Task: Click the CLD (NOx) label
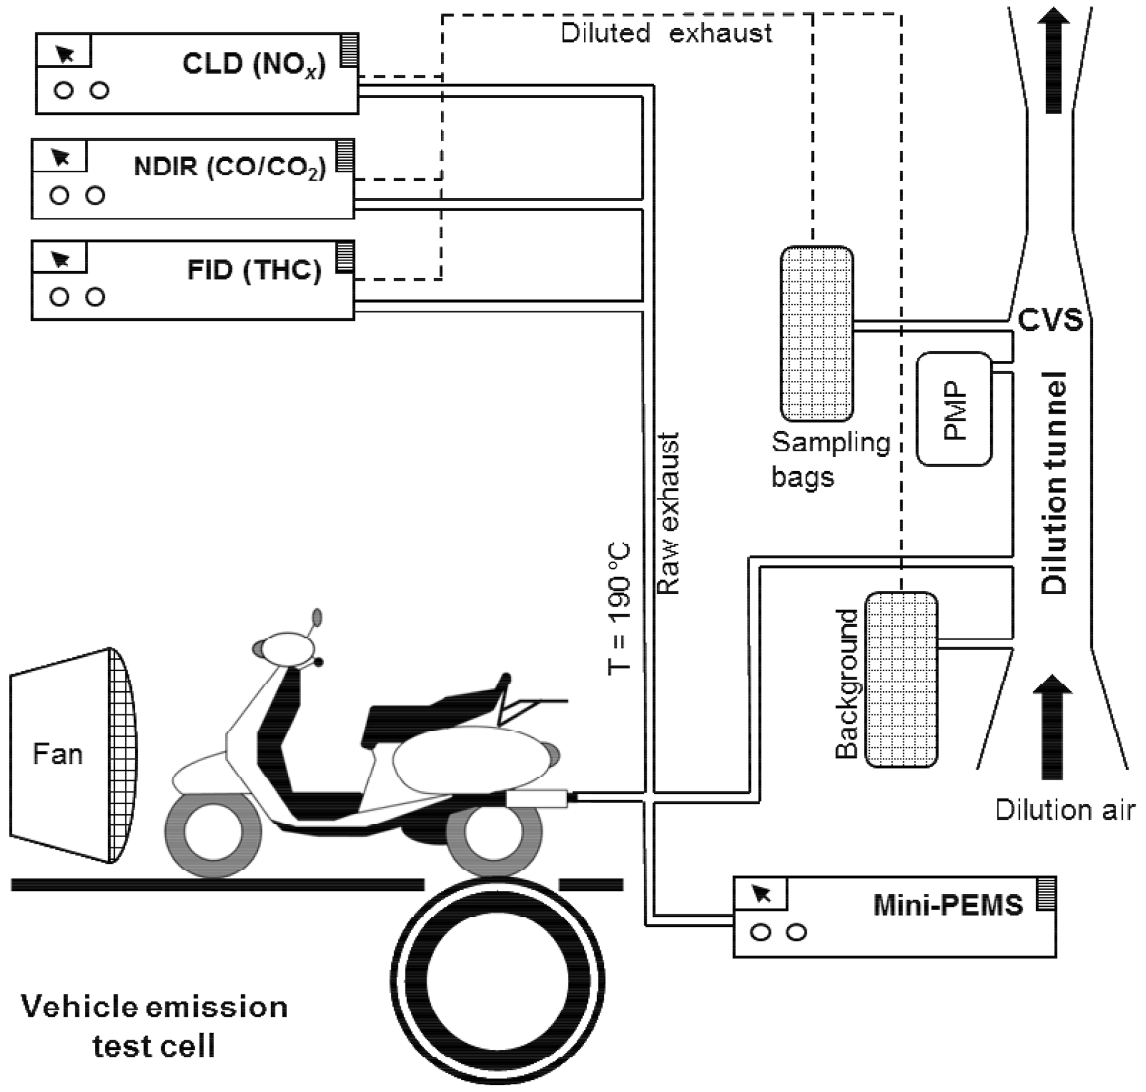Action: click(254, 65)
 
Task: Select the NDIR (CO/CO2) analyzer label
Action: click(230, 167)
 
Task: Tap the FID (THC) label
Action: click(254, 270)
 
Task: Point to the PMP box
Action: click(954, 409)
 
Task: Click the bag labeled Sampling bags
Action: click(817, 333)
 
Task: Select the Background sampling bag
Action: click(901, 679)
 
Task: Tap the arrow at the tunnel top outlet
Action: click(1053, 58)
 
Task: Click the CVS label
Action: click(1051, 320)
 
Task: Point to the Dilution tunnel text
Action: click(1054, 483)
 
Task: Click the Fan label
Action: click(58, 754)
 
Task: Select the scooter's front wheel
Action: click(213, 834)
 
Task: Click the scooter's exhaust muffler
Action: click(536, 798)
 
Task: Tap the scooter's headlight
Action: click(287, 648)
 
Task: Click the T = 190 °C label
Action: click(619, 609)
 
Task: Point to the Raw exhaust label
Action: click(668, 513)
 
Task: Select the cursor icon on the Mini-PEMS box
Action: click(761, 894)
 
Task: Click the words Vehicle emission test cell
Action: click(154, 1026)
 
